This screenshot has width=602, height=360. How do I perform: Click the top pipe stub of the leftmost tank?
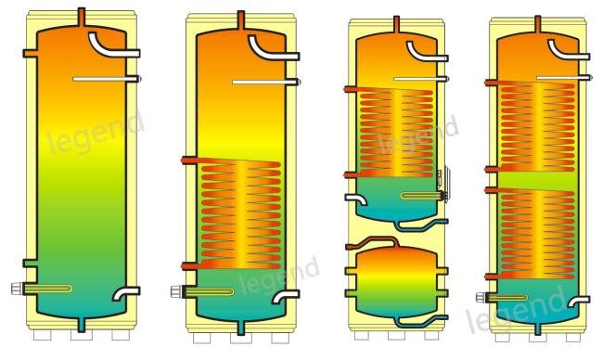click(x=82, y=17)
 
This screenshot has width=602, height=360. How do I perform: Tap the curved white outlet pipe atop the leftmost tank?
click(x=109, y=45)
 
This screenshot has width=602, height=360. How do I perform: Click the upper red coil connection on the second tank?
click(x=190, y=161)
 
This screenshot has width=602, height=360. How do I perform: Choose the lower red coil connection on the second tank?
click(x=190, y=265)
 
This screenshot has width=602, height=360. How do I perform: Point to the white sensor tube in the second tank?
click(x=263, y=83)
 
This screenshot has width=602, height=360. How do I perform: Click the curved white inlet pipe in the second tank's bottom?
click(x=283, y=298)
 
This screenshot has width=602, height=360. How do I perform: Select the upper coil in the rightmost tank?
click(x=538, y=124)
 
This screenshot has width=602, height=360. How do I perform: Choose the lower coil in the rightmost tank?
click(x=538, y=232)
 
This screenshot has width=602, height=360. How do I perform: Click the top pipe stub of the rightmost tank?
click(x=539, y=21)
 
